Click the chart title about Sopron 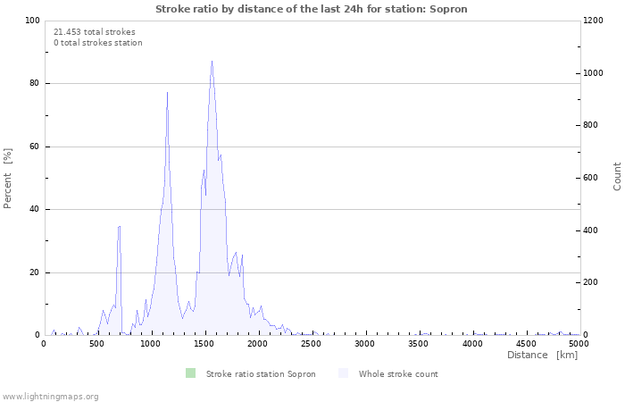tap(311, 9)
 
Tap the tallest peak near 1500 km tap(212, 63)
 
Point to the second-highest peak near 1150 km tap(167, 94)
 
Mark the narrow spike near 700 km tap(119, 227)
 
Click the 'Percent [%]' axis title tap(8, 178)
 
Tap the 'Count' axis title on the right tap(617, 176)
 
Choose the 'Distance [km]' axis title tap(542, 356)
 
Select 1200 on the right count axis tap(596, 21)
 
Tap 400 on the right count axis tap(593, 230)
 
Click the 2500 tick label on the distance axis tap(311, 343)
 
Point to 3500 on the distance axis tap(418, 343)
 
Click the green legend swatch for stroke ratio tap(190, 373)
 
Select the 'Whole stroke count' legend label tap(398, 374)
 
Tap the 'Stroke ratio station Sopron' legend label tap(260, 374)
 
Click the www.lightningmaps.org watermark tap(50, 396)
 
